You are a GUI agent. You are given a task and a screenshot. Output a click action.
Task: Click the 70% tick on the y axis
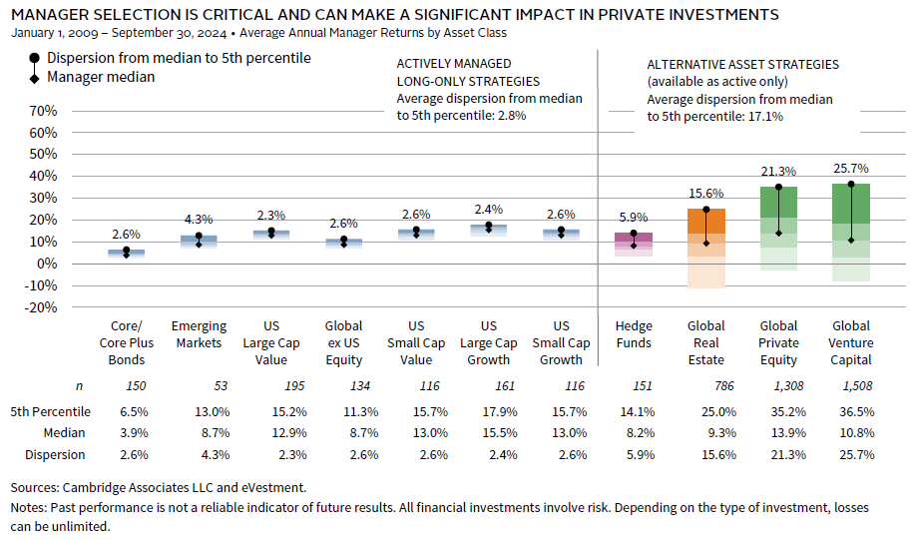pyautogui.click(x=42, y=110)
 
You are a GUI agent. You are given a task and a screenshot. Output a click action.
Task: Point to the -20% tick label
pyautogui.click(x=40, y=307)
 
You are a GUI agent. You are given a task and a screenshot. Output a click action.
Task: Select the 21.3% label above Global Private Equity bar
pyautogui.click(x=778, y=172)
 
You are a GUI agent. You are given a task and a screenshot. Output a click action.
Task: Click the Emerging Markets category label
pyautogui.click(x=199, y=334)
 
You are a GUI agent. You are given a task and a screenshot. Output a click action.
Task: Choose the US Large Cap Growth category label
pyautogui.click(x=489, y=342)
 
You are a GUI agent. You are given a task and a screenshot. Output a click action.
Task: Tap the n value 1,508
pyautogui.click(x=850, y=385)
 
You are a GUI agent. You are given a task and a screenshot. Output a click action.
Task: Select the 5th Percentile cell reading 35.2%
pyautogui.click(x=778, y=411)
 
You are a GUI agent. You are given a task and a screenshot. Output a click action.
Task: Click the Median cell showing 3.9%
pyautogui.click(x=126, y=433)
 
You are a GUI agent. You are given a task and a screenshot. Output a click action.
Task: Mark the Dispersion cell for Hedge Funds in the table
pyautogui.click(x=634, y=454)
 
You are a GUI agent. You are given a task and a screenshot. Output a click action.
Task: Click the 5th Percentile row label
pyautogui.click(x=51, y=411)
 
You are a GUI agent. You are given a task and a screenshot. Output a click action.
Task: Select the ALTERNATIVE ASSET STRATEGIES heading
pyautogui.click(x=742, y=64)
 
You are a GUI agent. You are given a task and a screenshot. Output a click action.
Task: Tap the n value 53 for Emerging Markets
pyautogui.click(x=199, y=385)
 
